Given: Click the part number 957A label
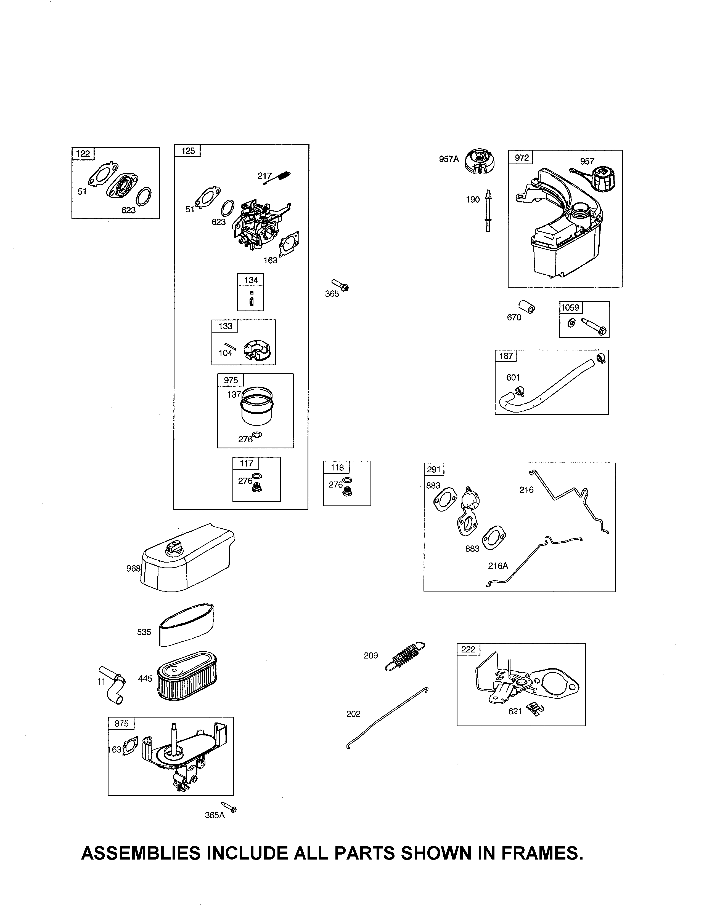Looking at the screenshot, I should pos(449,159).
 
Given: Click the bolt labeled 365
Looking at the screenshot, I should pos(340,285).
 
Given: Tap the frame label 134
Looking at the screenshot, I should pos(251,280).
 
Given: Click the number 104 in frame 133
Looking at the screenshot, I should pos(225,353).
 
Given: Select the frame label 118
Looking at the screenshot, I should pos(337,467).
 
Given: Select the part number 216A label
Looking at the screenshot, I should pos(498,565).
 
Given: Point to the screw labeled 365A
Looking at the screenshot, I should pos(229,807).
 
